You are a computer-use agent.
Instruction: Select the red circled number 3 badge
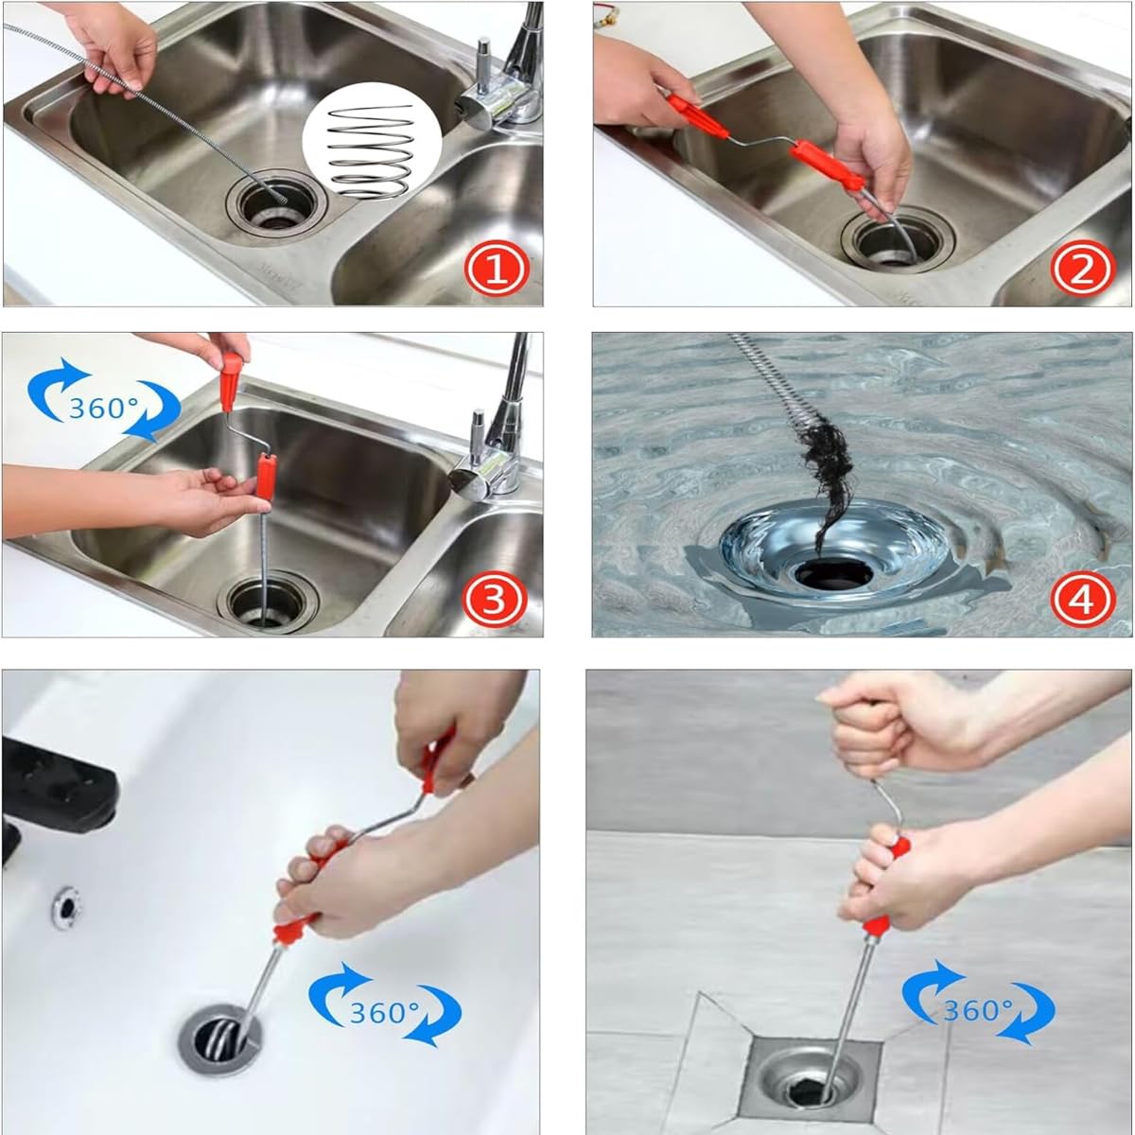click(x=495, y=597)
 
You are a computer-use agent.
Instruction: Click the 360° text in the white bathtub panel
click(x=385, y=1013)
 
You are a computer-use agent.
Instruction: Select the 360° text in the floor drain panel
click(x=976, y=1010)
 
